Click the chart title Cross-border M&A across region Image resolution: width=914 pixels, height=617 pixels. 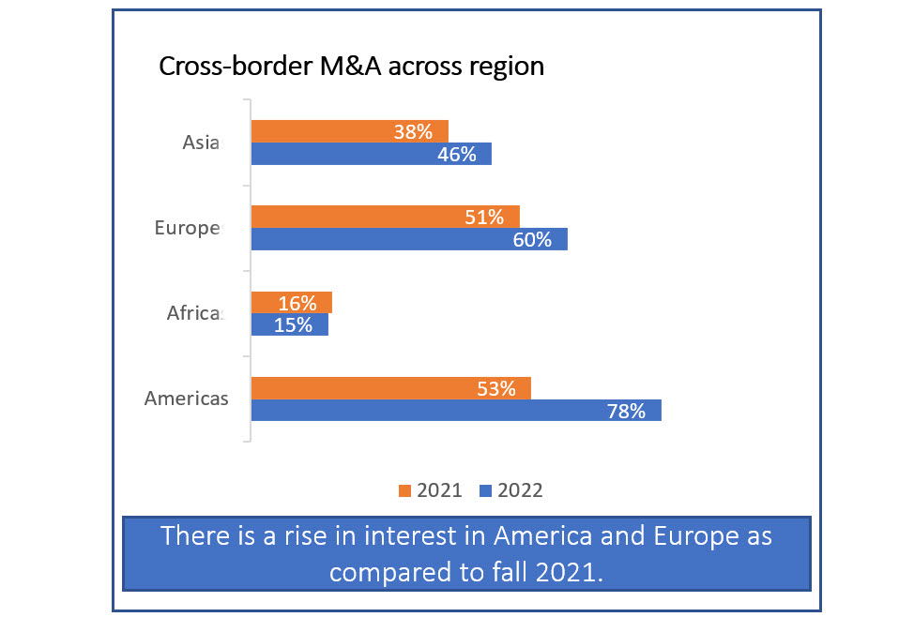pos(351,68)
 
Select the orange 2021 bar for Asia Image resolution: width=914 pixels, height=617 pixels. pos(349,131)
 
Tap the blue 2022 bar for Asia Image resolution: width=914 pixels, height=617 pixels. pos(371,154)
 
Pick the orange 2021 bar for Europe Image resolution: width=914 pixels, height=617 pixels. pos(385,217)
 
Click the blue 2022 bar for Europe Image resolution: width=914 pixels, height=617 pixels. pos(409,239)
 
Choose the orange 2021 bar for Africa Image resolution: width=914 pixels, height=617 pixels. pos(291,303)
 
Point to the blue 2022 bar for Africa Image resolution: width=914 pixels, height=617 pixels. pos(289,324)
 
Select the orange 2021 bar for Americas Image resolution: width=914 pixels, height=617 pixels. pos(390,388)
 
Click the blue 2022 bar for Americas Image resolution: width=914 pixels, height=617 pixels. pos(456,410)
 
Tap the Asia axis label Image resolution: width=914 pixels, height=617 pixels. pos(201,143)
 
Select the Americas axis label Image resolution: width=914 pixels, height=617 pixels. pos(186,399)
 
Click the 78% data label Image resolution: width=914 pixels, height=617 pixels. pos(627,411)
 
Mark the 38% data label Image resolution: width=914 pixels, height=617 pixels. pos(414,132)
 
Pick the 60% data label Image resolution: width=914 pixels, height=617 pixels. pos(532,240)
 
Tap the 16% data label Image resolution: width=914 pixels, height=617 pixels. pos(297,304)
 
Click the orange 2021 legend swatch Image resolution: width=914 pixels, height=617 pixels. pos(405,490)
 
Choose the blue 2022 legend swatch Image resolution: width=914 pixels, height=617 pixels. pos(486,490)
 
